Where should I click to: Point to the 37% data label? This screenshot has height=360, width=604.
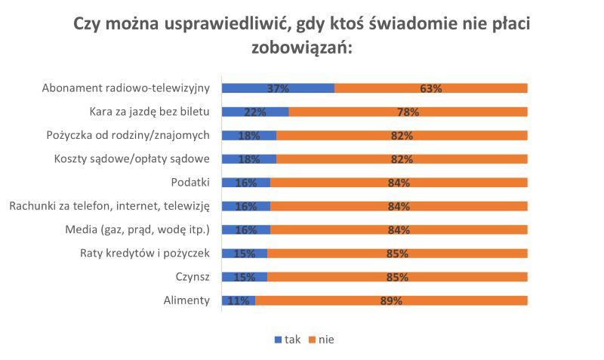(278, 88)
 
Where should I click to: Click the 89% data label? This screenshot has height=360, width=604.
(391, 300)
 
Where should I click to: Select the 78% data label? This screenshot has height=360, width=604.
(408, 112)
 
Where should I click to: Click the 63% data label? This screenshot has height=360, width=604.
(431, 88)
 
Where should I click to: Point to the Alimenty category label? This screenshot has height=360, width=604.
(186, 300)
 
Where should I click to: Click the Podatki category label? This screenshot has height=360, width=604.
(190, 183)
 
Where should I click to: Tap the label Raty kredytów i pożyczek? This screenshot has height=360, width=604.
(144, 253)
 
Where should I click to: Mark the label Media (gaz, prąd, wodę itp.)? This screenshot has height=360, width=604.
(138, 229)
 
